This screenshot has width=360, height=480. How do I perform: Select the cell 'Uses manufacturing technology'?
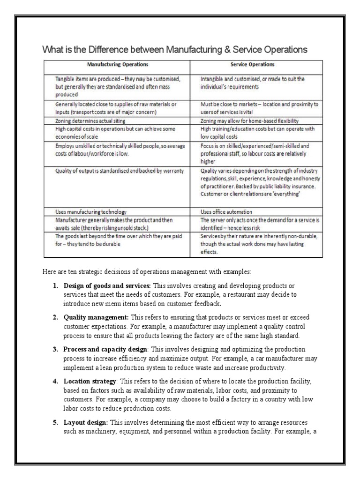[x=91, y=211]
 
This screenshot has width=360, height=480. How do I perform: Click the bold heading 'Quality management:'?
[x=97, y=317]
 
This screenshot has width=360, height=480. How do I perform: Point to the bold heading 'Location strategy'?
[x=90, y=382]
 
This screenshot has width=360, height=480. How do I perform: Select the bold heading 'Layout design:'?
[x=86, y=422]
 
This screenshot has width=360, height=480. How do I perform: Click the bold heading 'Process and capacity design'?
[x=105, y=350]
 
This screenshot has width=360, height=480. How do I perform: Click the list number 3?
[x=54, y=350]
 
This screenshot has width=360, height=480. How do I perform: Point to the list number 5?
[x=54, y=422]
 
